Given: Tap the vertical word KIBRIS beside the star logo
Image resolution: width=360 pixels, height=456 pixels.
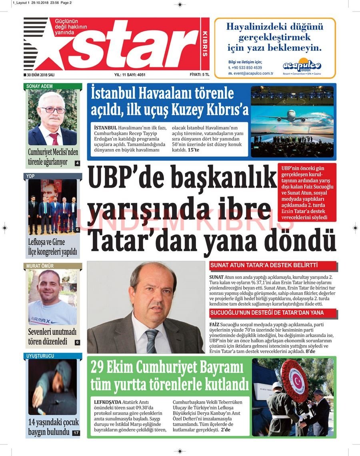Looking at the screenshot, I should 205,44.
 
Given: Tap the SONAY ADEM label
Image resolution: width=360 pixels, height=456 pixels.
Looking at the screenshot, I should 40,86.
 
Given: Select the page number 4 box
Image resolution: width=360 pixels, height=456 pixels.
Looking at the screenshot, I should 77,163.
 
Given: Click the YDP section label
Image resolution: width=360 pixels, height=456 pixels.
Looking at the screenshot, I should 31,176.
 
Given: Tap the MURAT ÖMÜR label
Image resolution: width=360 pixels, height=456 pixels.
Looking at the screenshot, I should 40,266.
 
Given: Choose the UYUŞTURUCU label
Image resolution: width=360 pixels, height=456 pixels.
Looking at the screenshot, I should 40,356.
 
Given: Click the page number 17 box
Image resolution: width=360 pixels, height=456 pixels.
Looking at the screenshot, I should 76,433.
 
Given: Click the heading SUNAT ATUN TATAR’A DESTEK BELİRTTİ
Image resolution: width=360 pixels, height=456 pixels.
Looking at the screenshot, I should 264,265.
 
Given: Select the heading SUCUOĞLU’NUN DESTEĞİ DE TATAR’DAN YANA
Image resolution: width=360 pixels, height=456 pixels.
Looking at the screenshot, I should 267,313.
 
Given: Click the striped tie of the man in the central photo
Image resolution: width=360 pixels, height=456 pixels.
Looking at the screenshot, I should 152,340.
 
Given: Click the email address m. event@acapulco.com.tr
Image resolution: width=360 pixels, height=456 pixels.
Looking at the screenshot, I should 251,74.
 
